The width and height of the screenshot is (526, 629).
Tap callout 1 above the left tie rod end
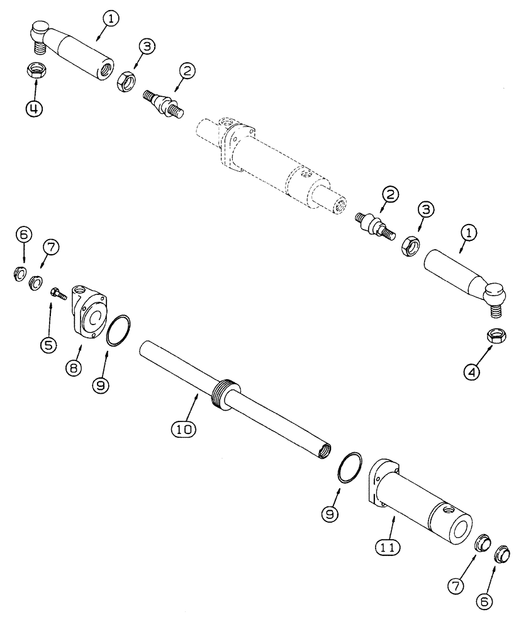(111, 19)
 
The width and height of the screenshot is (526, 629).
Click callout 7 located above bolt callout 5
(51, 247)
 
